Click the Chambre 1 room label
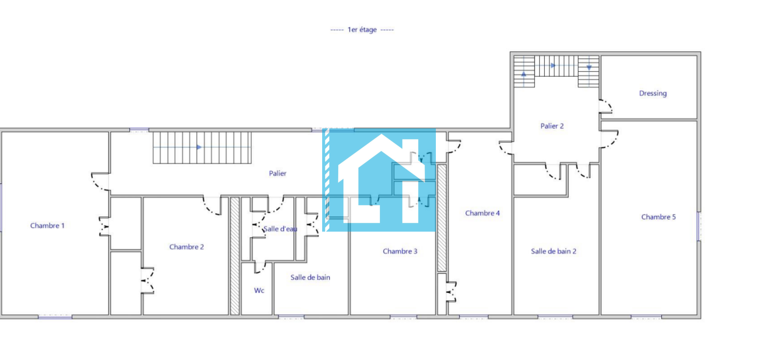[x=47, y=225]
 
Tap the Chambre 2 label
[x=187, y=247]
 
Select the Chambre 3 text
[x=400, y=252]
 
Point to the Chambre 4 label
[x=482, y=213]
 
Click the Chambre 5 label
[x=659, y=217]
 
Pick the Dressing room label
[x=653, y=93]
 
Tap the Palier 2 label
[x=552, y=126]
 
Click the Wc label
[x=259, y=291]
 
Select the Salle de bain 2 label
[x=553, y=252]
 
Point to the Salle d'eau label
[x=280, y=229]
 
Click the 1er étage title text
[x=362, y=30]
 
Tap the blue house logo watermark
[x=379, y=180]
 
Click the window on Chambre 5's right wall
[x=699, y=226]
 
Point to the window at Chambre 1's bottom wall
[x=55, y=317]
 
